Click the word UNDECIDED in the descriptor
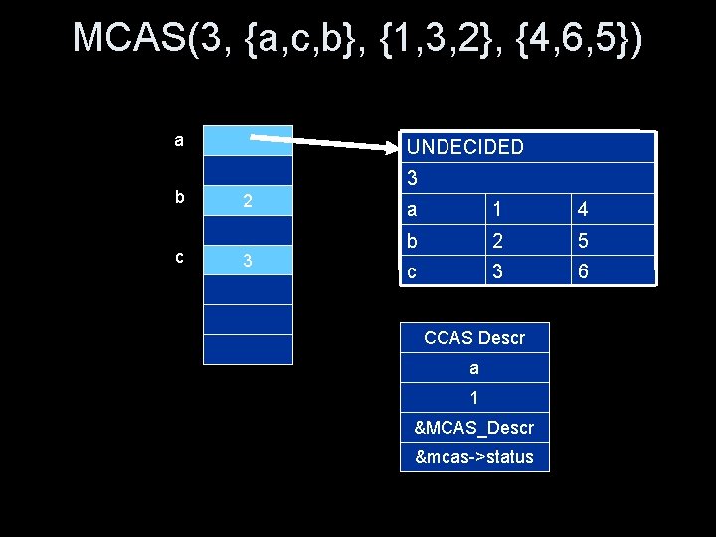click(x=465, y=147)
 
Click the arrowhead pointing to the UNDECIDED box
click(x=389, y=148)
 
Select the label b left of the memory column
click(x=179, y=197)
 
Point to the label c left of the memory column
click(x=179, y=257)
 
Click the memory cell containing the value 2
click(x=248, y=201)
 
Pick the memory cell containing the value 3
click(x=248, y=261)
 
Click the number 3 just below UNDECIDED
click(x=413, y=179)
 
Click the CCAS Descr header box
click(x=474, y=338)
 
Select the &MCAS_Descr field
click(x=474, y=428)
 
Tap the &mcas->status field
click(x=474, y=457)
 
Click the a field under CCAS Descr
click(x=474, y=368)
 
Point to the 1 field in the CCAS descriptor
click(x=474, y=398)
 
